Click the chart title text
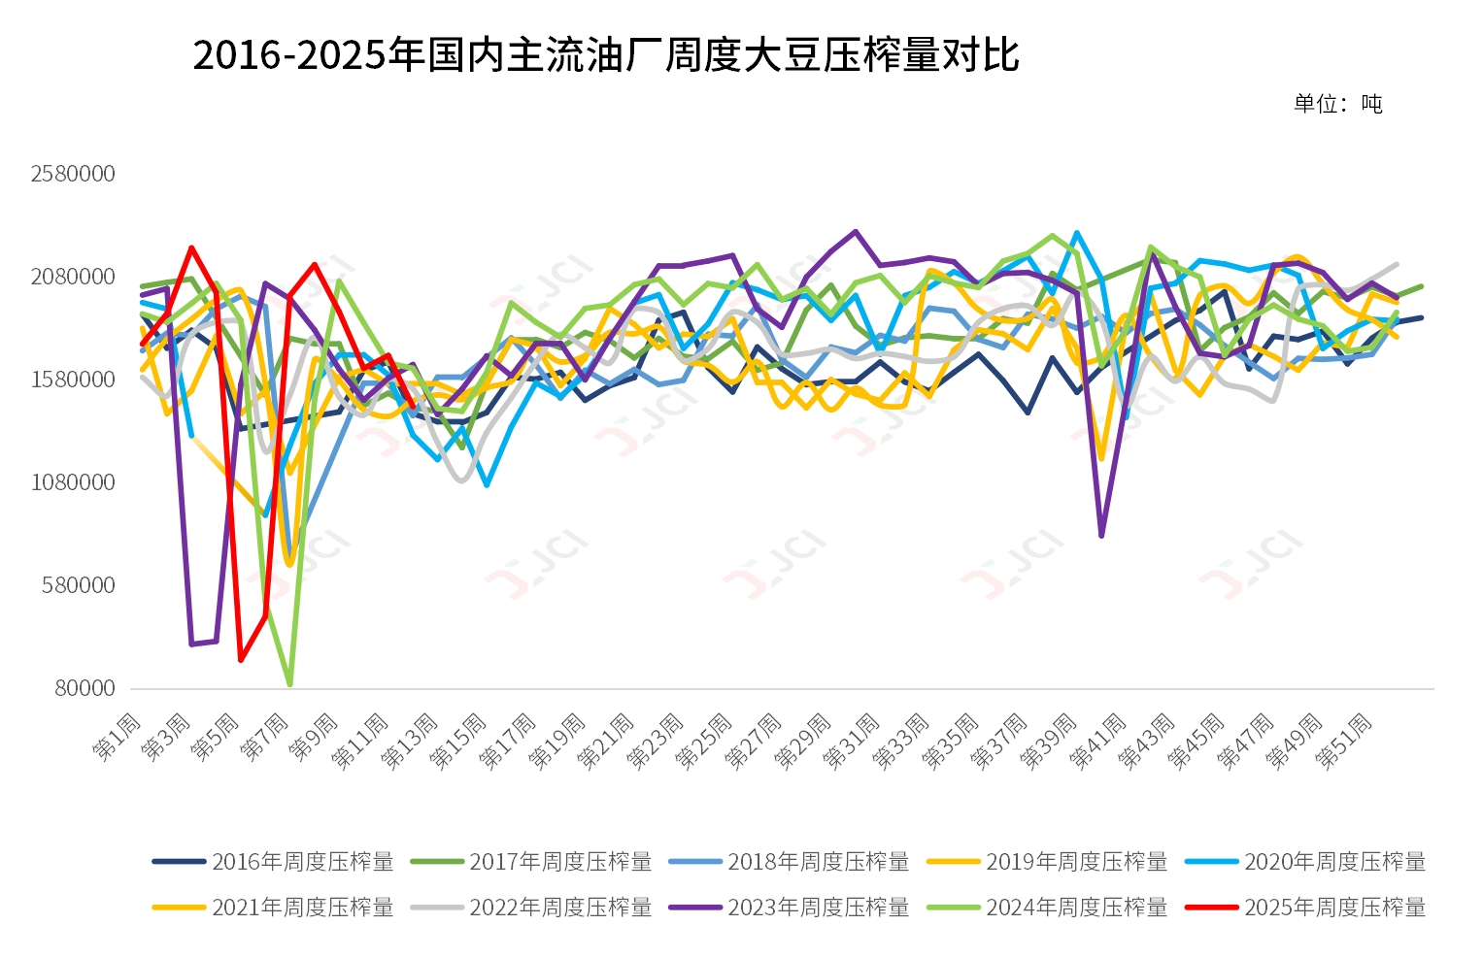(605, 55)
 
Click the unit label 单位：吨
(1337, 104)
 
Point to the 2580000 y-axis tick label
(73, 174)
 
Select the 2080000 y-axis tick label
(73, 277)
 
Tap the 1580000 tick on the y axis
(73, 380)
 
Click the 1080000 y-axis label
(73, 482)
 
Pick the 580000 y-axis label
(79, 585)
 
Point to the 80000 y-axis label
(84, 688)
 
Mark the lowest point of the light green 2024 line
(289, 684)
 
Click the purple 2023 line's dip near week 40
(1101, 535)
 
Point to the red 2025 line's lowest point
(241, 660)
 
